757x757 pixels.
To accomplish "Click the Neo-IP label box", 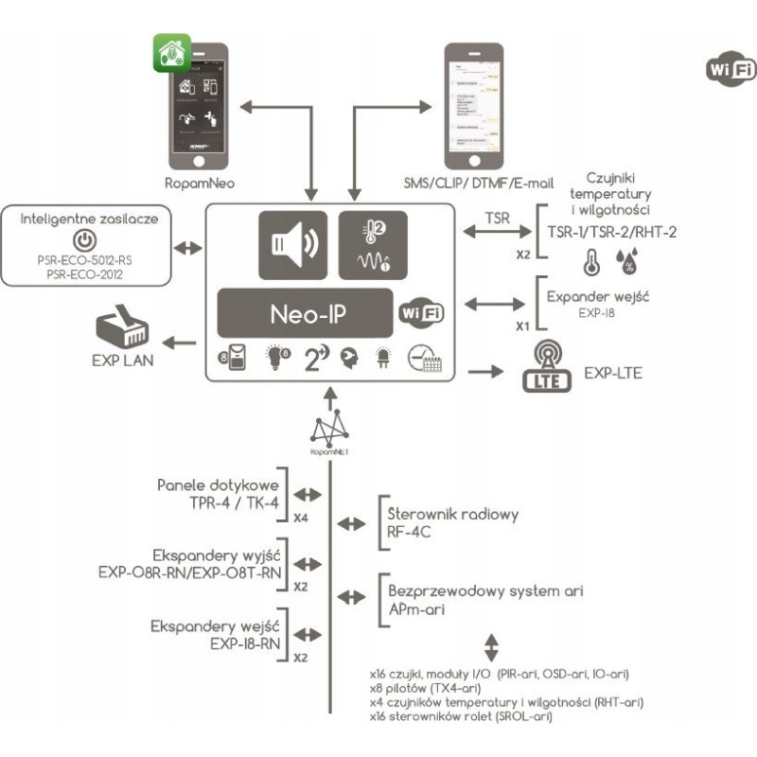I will (x=305, y=312).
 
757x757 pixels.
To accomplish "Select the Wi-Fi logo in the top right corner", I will (x=731, y=70).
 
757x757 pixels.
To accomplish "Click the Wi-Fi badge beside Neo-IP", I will (x=422, y=312).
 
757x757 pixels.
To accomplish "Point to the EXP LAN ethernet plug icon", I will (x=122, y=326).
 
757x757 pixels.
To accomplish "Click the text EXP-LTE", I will (x=612, y=373).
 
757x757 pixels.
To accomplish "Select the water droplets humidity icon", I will (x=625, y=260).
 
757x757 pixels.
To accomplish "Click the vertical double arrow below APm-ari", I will (x=490, y=648).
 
